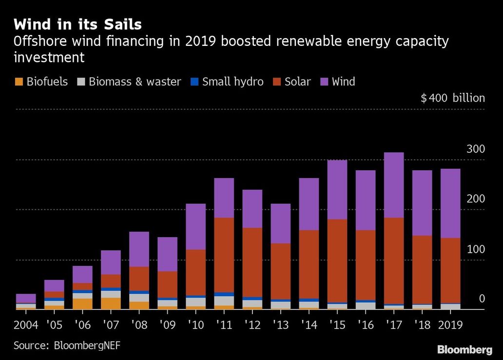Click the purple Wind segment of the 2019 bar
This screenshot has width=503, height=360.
coord(450,203)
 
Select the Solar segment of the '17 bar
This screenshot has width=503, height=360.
coord(394,261)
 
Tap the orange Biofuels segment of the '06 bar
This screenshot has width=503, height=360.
coord(82,304)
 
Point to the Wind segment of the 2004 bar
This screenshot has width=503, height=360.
coord(26,299)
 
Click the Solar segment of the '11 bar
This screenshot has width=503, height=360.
coord(224,255)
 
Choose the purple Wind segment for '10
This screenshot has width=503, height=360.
coord(195,227)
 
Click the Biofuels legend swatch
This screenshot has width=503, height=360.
coord(19,81)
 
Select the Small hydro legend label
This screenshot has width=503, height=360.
coord(232,81)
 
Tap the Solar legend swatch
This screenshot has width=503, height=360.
coord(277,81)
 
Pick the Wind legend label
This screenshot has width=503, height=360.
coord(343,81)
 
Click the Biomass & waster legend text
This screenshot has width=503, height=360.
coord(135,81)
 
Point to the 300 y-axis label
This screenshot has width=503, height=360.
coord(476,149)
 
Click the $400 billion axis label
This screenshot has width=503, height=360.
coord(453,98)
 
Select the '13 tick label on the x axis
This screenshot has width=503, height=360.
coord(281,325)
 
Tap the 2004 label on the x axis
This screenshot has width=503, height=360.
coord(26,325)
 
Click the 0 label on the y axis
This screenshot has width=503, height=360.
coord(482,299)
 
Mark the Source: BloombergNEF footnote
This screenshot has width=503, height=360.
coord(67,345)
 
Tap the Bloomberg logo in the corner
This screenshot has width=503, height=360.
coord(464,349)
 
